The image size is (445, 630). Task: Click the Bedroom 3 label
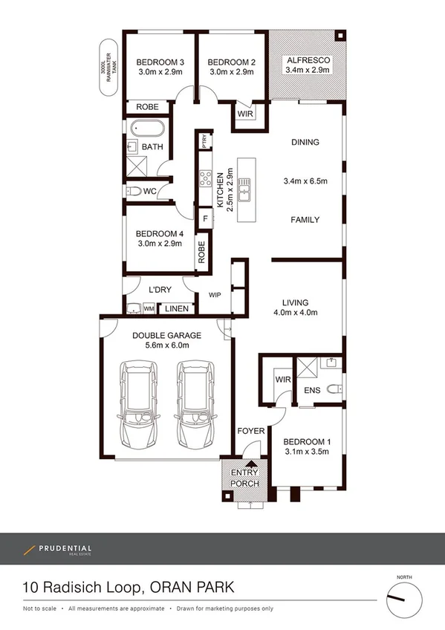(x=160, y=62)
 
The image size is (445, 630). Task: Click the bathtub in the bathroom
(x=144, y=129)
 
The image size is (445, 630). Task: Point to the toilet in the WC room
(x=133, y=191)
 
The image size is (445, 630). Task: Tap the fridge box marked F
(x=205, y=218)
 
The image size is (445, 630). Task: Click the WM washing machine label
(x=149, y=308)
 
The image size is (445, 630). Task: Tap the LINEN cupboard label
(x=176, y=308)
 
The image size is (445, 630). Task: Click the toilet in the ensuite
(x=334, y=387)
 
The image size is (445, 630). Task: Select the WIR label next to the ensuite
(x=282, y=380)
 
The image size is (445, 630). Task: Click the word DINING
(x=305, y=143)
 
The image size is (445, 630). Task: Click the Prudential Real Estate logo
(x=57, y=550)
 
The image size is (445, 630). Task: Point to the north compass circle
(x=404, y=597)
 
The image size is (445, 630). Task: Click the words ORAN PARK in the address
(x=191, y=588)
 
